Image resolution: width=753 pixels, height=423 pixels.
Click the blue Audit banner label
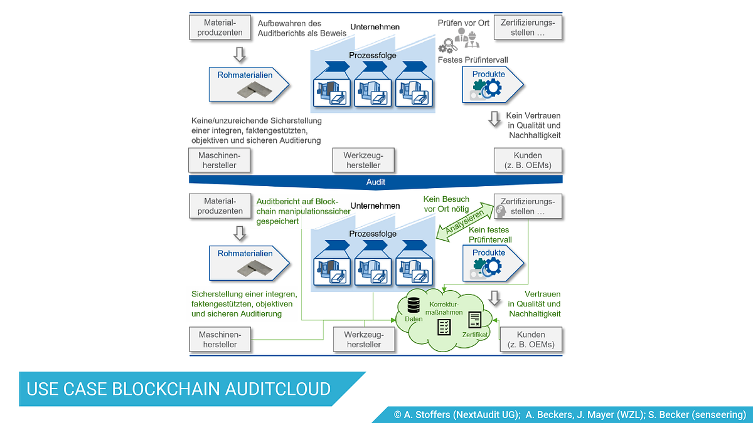tap(375, 182)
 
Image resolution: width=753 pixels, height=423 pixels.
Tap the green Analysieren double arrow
tap(465, 222)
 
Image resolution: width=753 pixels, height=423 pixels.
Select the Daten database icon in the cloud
tap(414, 305)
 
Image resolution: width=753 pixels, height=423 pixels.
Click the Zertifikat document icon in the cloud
tap(474, 320)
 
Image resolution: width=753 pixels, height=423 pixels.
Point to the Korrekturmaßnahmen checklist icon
tap(444, 327)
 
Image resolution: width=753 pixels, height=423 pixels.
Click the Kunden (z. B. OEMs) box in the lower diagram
tap(531, 340)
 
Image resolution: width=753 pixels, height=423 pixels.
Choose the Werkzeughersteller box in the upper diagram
tap(363, 160)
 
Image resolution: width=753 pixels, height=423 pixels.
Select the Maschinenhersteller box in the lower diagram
tap(220, 340)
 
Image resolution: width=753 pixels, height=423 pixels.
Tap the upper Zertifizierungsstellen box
tap(528, 28)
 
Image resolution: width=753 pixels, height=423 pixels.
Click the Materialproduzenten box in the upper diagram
tap(220, 28)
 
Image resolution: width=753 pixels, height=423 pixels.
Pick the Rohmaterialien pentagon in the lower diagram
tap(249, 263)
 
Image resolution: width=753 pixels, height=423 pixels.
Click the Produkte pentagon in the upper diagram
tap(493, 85)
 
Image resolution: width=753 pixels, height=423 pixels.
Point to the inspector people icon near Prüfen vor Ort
tap(467, 38)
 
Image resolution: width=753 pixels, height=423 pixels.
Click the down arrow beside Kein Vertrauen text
tap(494, 119)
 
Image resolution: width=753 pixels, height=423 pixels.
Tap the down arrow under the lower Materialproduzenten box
tap(240, 233)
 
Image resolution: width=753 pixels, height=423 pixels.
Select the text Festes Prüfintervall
tap(473, 60)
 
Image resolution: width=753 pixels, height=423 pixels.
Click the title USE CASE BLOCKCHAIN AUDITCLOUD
tap(178, 389)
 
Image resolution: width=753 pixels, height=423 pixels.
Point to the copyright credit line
tap(570, 415)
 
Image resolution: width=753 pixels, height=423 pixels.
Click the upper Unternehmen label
tap(375, 27)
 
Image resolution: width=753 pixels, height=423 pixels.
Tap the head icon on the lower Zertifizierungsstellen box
tap(501, 211)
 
